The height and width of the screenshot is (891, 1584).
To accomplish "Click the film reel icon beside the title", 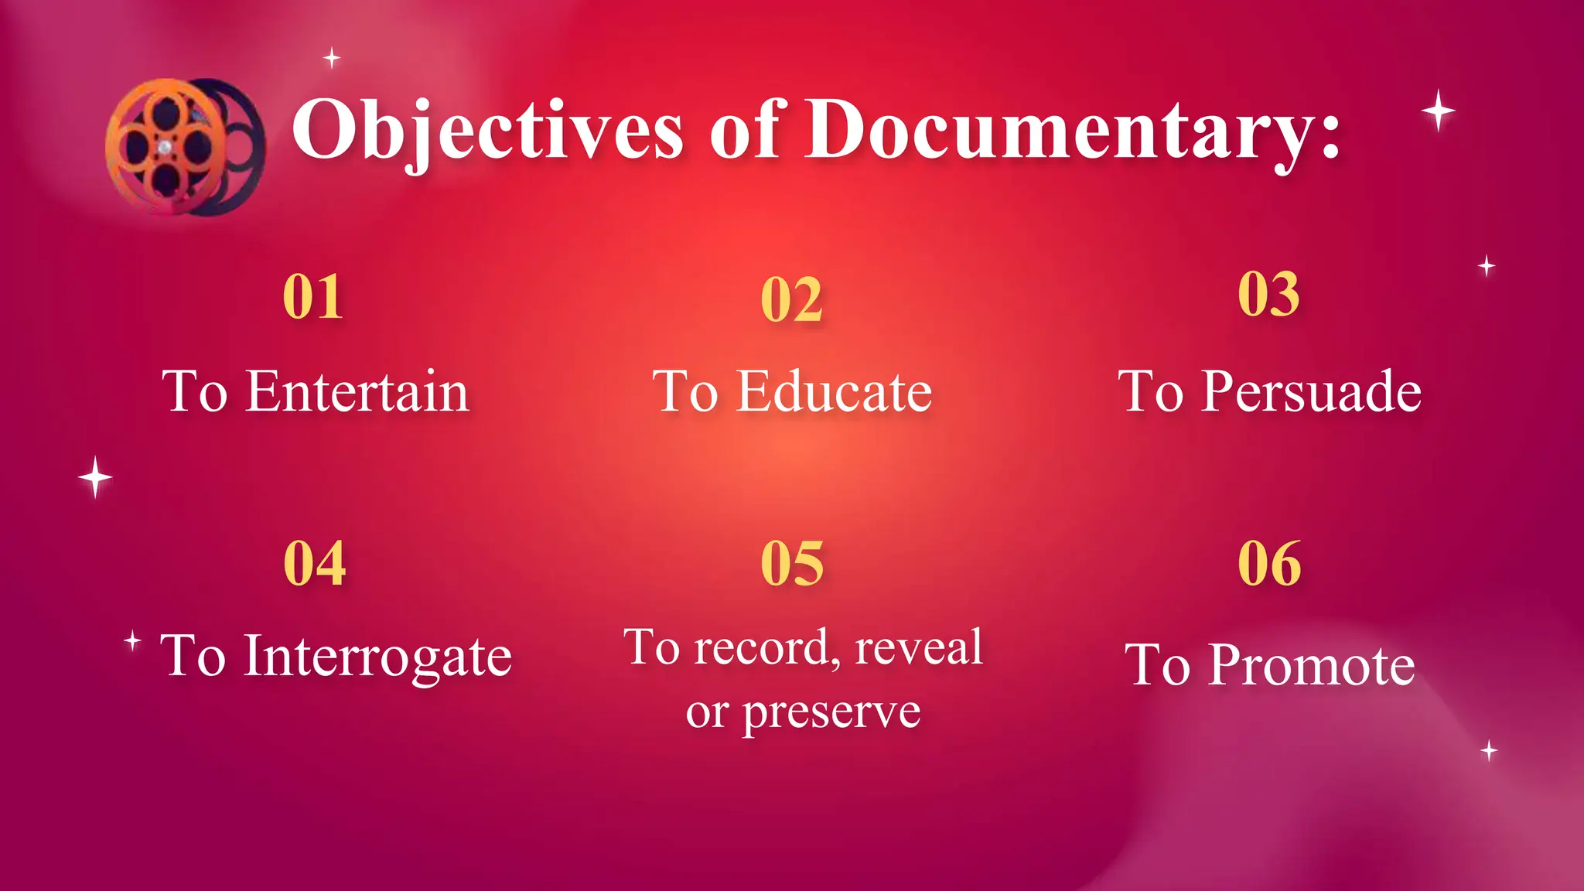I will [184, 147].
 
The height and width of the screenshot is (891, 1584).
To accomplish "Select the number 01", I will [313, 296].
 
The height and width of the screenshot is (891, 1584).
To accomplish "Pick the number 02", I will [791, 300].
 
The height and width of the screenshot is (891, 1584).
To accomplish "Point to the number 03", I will [1268, 294].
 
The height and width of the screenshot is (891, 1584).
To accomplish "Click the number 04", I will [314, 563].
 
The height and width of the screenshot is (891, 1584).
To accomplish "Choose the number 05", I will [792, 563].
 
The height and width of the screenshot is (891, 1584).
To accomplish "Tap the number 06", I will [1269, 563].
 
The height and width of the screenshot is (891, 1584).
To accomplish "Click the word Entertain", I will [357, 391].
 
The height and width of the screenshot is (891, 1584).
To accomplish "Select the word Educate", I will [834, 391].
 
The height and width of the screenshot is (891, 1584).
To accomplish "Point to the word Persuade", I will [1311, 391].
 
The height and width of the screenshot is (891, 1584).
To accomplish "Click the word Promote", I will [1312, 665].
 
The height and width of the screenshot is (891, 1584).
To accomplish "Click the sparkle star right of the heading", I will [1438, 111].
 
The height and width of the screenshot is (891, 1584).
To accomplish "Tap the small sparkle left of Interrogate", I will [132, 640].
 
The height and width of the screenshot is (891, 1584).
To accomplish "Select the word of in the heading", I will [744, 130].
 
